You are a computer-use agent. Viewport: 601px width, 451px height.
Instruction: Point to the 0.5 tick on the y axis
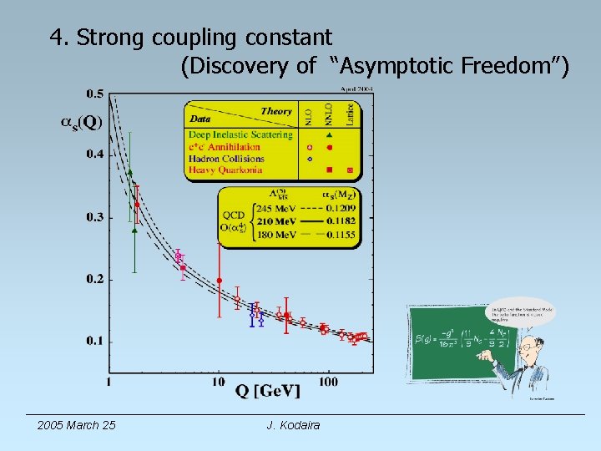point(95,93)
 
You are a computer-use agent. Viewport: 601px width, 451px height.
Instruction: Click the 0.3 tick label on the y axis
point(94,217)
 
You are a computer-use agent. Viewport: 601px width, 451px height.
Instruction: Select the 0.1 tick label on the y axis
point(94,341)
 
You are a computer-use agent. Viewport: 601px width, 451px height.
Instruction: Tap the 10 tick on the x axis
point(218,382)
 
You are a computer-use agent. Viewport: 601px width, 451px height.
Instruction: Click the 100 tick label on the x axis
point(328,382)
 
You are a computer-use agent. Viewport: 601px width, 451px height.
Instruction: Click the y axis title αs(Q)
point(82,123)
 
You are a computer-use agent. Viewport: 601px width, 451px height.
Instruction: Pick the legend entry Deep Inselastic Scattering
point(240,134)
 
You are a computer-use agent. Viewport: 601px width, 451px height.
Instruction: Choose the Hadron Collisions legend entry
point(226,159)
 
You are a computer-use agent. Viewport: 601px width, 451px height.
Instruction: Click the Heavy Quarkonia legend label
point(225,170)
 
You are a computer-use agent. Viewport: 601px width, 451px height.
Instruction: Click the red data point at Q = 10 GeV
point(219,281)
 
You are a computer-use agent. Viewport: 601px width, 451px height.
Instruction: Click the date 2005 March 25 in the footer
point(77,426)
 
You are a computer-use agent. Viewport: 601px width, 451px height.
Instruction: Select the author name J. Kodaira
point(293,426)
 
